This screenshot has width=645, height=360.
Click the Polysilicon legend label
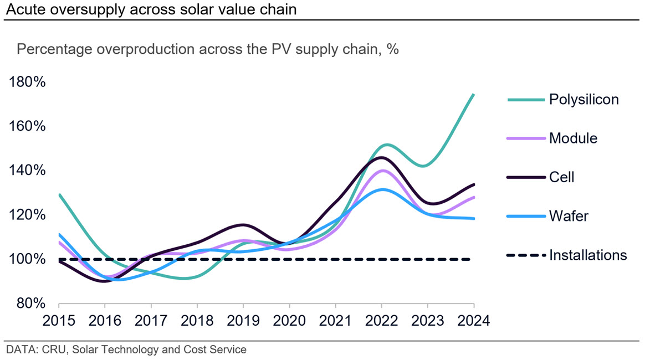[583, 100]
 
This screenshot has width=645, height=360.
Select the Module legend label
[573, 138]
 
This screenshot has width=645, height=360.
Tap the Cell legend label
[561, 177]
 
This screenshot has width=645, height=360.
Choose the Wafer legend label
[569, 216]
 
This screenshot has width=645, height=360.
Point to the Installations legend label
[588, 255]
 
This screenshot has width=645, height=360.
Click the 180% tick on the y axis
[27, 82]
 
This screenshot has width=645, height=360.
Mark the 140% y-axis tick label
[27, 170]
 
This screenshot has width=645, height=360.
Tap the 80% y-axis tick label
[31, 304]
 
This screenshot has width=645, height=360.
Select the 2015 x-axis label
[59, 321]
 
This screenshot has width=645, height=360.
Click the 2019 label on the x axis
[243, 321]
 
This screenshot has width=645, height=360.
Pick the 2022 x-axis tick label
[382, 321]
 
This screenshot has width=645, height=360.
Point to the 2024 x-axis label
[474, 321]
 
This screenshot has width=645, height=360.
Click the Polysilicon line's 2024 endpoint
[474, 95]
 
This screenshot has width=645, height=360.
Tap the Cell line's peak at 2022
[382, 157]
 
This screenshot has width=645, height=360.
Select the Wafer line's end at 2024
[474, 219]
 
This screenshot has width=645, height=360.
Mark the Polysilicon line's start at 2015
[60, 195]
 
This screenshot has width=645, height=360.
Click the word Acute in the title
[26, 9]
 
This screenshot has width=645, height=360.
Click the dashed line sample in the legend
[526, 255]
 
